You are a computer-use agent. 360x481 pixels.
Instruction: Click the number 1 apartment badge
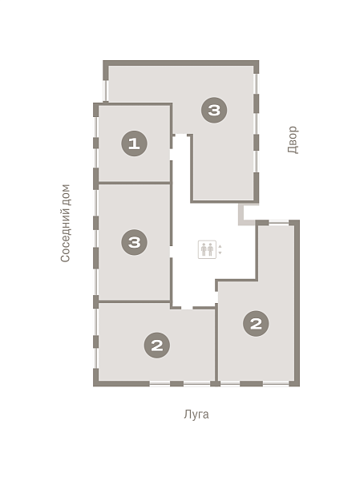pyautogui.click(x=134, y=143)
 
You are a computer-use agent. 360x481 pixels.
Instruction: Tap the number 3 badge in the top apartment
pyautogui.click(x=214, y=110)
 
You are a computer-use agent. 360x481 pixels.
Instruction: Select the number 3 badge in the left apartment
pyautogui.click(x=134, y=242)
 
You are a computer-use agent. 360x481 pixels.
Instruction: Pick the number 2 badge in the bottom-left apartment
pyautogui.click(x=157, y=345)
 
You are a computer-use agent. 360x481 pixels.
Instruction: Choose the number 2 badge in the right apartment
pyautogui.click(x=256, y=323)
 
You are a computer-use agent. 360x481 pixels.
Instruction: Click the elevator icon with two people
pyautogui.click(x=207, y=249)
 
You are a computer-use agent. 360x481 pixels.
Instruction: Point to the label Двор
pyautogui.click(x=293, y=139)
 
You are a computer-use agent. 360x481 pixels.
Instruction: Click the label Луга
pyautogui.click(x=196, y=414)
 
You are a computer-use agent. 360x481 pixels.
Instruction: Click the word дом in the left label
pyautogui.click(x=66, y=196)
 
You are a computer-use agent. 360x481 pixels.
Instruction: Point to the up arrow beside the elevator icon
pyautogui.click(x=220, y=246)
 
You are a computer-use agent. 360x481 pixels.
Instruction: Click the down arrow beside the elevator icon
pyautogui.click(x=220, y=253)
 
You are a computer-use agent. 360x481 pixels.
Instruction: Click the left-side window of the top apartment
pyautogui.click(x=105, y=91)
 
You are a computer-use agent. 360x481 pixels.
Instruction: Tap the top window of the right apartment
pyautogui.click(x=279, y=222)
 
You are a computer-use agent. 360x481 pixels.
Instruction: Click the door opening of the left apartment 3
pyautogui.click(x=172, y=252)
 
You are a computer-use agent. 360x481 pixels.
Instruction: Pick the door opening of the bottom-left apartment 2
pyautogui.click(x=187, y=307)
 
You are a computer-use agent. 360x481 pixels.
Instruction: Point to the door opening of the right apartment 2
pyautogui.click(x=216, y=297)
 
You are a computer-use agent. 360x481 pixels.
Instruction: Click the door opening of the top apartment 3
pyautogui.click(x=181, y=135)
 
